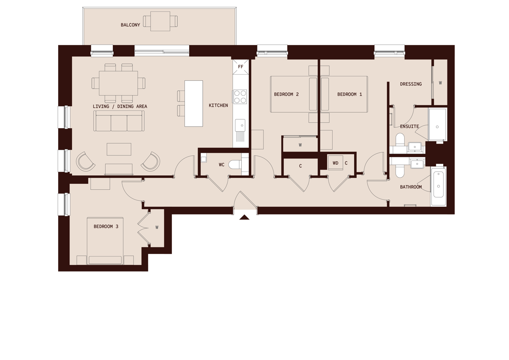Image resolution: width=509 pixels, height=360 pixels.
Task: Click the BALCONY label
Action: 130,25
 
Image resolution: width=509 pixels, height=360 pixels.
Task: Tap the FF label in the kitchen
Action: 241,67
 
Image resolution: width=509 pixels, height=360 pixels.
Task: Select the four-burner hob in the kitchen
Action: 240,96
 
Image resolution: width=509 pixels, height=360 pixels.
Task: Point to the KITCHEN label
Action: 218,105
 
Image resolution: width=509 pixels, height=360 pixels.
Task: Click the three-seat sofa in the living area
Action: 119,122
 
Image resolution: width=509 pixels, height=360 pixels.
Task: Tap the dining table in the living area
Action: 118,83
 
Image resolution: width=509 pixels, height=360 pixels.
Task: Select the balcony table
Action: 160,21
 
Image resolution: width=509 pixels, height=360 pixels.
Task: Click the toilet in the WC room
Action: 235,165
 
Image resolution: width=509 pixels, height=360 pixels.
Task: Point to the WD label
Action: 335,163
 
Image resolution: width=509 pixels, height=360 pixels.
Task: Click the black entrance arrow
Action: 244,218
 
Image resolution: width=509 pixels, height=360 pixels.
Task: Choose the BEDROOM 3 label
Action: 106,227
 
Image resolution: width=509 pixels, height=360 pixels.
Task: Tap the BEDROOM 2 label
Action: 286,94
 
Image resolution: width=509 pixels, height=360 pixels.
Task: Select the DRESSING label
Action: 411,84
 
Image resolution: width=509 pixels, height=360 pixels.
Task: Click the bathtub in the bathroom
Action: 439,186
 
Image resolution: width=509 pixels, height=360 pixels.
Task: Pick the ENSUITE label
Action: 409,127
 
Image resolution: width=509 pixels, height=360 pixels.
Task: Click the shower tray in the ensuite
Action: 437,124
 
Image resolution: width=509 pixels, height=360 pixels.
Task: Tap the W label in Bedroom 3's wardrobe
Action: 157,228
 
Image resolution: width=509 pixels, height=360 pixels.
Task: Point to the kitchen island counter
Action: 193,103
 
